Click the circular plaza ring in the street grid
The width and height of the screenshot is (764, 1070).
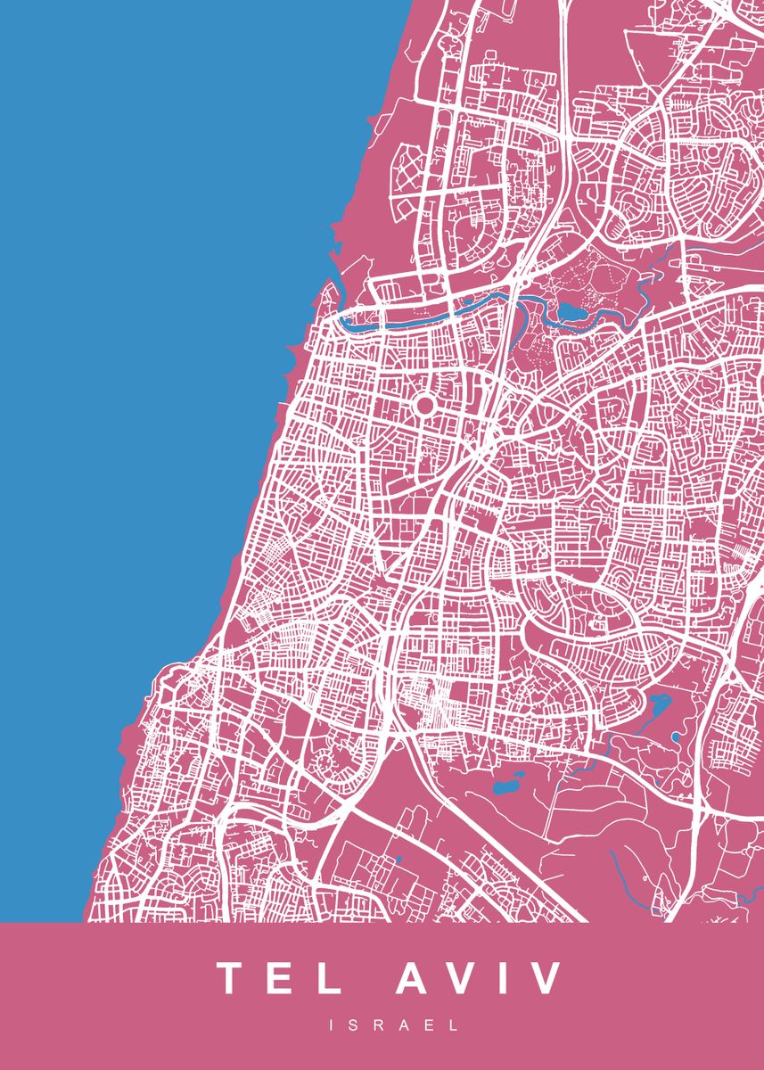tap(424, 406)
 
